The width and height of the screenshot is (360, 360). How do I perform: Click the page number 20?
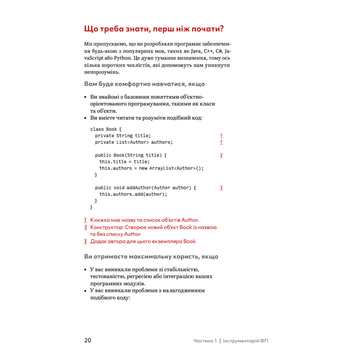click(88, 340)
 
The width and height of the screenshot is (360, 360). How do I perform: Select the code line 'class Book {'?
click(107, 129)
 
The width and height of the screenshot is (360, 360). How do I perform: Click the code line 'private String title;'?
click(123, 136)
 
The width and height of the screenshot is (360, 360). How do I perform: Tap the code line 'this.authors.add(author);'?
click(134, 194)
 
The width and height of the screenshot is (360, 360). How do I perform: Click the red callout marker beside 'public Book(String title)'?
click(221, 156)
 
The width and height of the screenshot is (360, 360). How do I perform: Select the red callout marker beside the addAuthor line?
click(221, 188)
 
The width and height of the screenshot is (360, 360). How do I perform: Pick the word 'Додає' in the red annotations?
click(98, 241)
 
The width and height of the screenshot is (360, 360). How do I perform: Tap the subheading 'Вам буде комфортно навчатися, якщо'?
click(144, 84)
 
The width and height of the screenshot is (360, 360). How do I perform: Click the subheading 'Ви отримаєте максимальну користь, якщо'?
click(151, 257)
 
